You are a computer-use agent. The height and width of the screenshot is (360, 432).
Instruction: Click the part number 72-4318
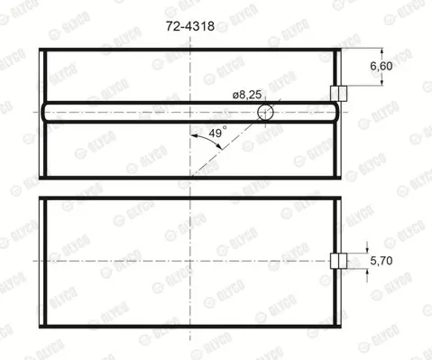click(x=190, y=26)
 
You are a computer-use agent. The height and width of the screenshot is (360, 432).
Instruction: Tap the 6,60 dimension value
click(x=381, y=66)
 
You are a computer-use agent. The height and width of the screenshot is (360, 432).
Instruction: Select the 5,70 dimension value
click(x=381, y=261)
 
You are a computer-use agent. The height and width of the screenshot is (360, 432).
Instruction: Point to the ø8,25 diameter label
click(x=247, y=95)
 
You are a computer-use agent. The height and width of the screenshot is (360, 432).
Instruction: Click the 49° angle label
click(x=217, y=133)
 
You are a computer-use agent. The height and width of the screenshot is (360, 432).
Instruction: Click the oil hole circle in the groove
click(x=265, y=112)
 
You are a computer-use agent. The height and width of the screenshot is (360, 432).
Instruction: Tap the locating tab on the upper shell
click(x=339, y=94)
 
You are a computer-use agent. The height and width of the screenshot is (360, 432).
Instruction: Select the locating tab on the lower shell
click(x=339, y=261)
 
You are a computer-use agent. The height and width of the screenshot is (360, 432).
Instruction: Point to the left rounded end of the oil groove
click(x=44, y=112)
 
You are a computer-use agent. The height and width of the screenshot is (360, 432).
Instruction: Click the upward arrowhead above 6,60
click(x=381, y=51)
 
